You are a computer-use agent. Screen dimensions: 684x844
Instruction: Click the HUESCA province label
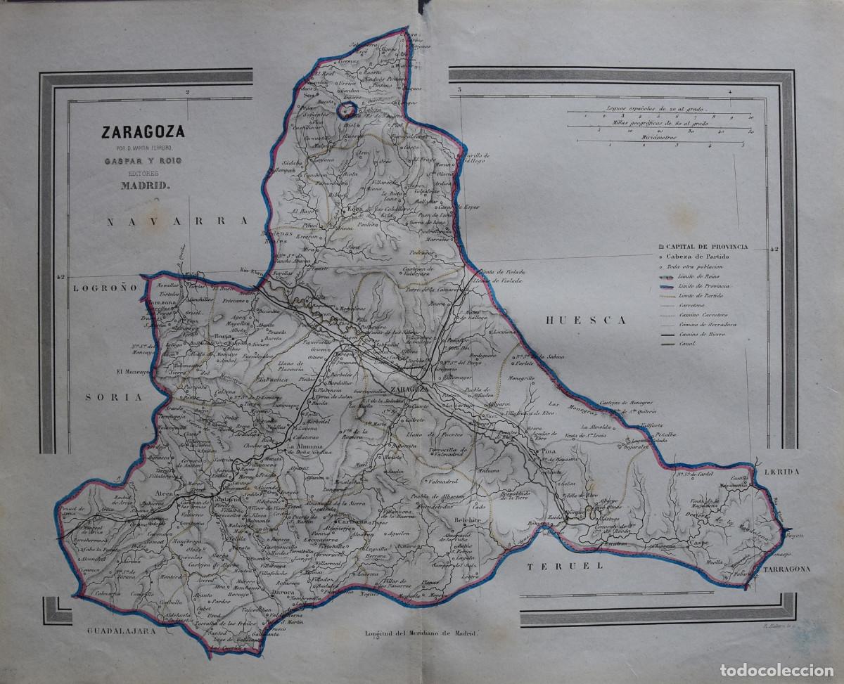[x=586, y=320]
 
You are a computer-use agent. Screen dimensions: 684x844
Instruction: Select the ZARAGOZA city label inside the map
[x=409, y=389]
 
